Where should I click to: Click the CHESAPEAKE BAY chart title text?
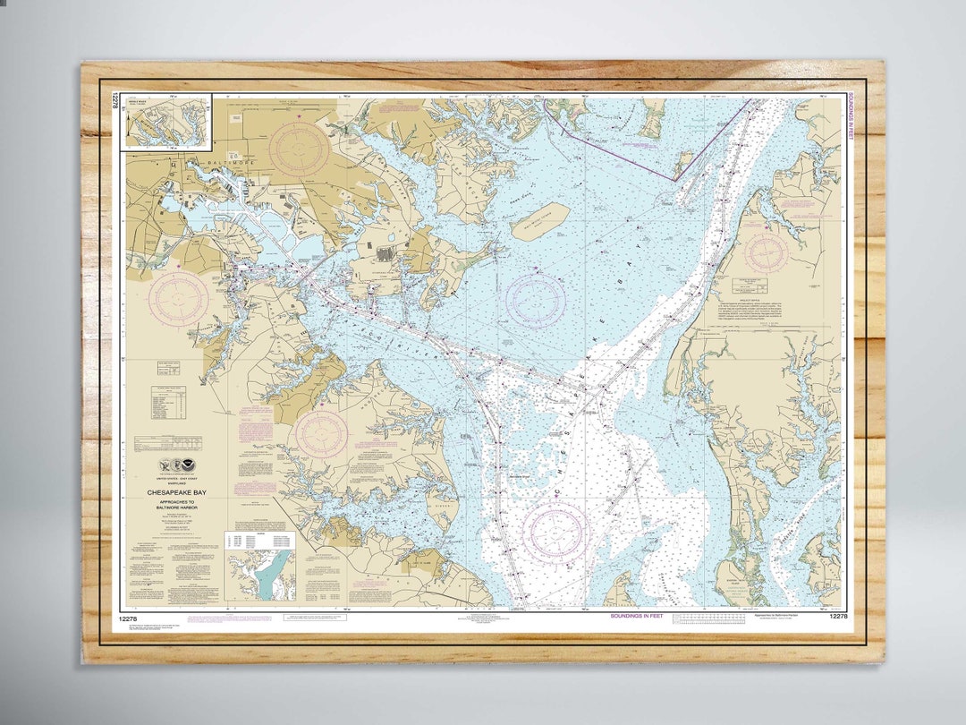point(174,491)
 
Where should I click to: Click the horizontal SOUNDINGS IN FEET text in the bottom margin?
point(638,617)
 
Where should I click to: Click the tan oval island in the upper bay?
point(540,220)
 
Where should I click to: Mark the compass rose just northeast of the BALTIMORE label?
point(299,149)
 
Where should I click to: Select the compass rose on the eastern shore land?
point(767,252)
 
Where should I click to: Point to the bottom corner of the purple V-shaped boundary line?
point(675,180)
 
